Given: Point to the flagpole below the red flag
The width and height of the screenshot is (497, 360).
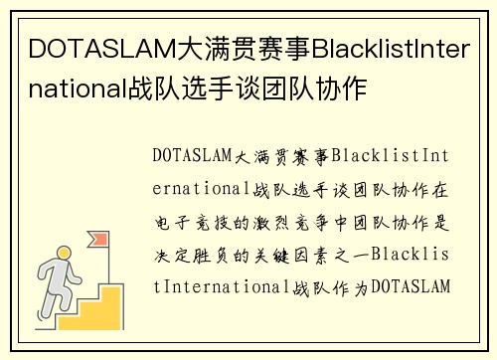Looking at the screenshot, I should [x=95, y=255].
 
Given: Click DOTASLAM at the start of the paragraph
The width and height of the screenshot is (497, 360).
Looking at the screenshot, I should [x=192, y=156].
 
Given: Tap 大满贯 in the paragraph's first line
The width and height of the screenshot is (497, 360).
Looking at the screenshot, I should [x=263, y=156].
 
